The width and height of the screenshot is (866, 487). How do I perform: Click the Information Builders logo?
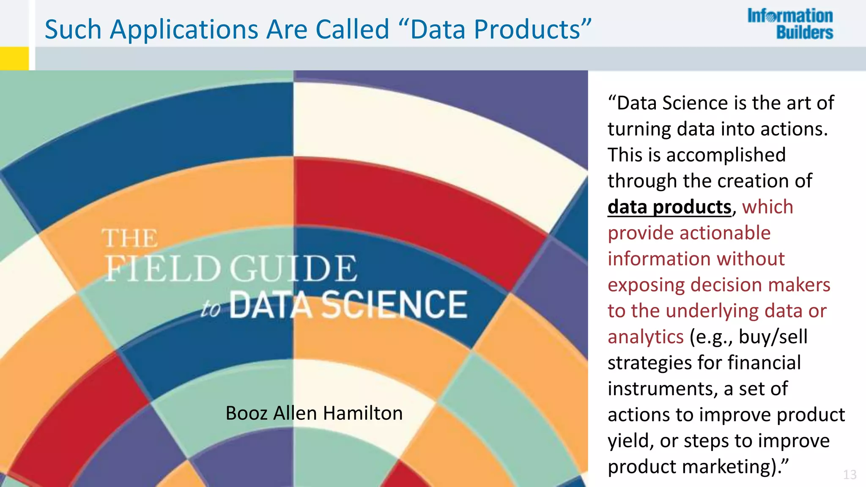point(790,24)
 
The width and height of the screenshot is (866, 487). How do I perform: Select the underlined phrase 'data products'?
point(669,207)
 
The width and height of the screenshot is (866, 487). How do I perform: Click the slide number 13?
point(850,475)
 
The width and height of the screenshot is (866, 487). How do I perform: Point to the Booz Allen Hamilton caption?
point(314,413)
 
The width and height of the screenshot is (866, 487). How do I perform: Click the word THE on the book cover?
point(130,238)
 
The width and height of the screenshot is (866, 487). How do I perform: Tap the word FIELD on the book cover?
point(163,269)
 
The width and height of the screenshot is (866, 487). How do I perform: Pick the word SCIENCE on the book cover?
point(395,304)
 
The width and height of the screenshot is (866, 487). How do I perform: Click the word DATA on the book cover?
point(271,304)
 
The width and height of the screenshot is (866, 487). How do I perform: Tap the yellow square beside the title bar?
point(14,58)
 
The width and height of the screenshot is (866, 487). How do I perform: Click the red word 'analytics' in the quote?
point(645,337)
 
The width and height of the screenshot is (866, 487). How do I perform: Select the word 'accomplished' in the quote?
point(726,155)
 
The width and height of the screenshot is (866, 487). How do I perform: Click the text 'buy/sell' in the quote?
point(773,337)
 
